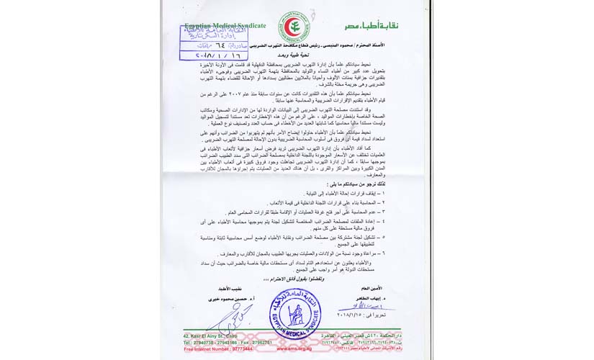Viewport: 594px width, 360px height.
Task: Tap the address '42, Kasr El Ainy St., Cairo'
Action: [211, 336]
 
